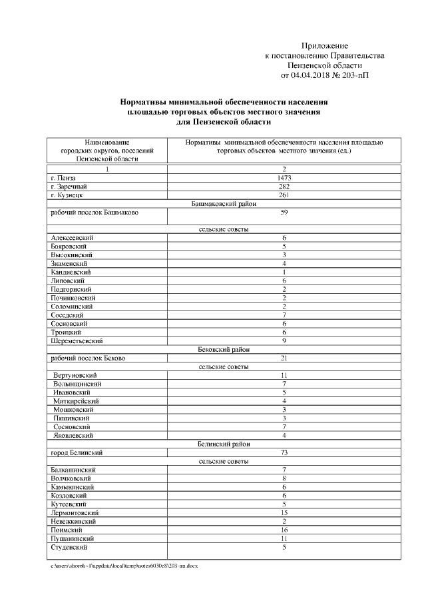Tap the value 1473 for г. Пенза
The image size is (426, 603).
click(x=284, y=179)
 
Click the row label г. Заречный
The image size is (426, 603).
click(x=69, y=187)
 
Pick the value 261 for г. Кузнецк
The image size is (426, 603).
click(x=284, y=195)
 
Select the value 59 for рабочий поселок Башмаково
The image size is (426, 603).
click(x=284, y=213)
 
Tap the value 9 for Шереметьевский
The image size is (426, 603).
click(x=284, y=340)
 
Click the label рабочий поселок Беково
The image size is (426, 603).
click(x=88, y=358)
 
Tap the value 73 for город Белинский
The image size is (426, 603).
click(x=284, y=452)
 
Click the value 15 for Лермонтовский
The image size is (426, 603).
click(x=284, y=513)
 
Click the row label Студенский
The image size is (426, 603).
click(x=69, y=547)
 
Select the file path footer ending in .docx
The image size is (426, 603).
click(x=124, y=565)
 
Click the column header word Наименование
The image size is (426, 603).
click(x=107, y=143)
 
